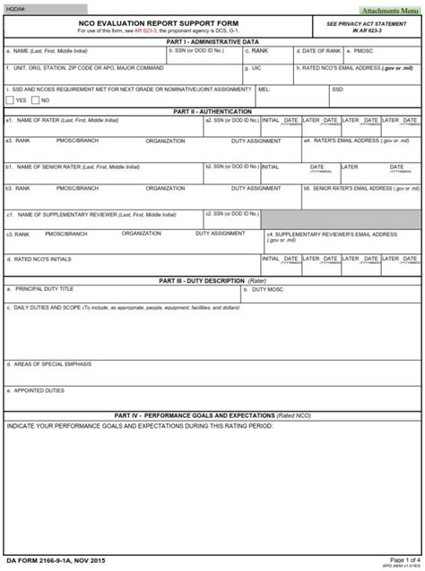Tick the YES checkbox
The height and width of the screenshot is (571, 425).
coord(10,99)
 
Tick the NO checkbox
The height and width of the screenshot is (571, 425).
coord(37,99)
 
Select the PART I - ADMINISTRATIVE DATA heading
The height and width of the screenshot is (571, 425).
coord(212,41)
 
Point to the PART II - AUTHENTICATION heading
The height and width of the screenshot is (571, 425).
coord(212,111)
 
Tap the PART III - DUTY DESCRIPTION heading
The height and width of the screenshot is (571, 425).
coord(212,280)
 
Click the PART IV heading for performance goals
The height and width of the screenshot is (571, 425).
coord(212,415)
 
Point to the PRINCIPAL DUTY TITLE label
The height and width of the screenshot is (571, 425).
coord(43,289)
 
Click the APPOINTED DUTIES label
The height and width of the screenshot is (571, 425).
coord(37,390)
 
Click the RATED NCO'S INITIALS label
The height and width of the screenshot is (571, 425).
coord(40,259)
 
